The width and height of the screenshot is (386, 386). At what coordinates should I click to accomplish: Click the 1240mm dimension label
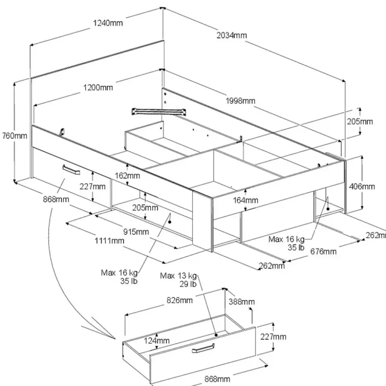(108, 23)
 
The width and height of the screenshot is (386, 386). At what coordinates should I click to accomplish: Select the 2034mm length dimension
(232, 35)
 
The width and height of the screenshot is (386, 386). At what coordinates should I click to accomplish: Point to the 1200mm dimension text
(98, 88)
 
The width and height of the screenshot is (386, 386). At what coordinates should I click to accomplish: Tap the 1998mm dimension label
(240, 101)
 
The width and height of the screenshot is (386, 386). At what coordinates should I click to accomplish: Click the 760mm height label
(15, 136)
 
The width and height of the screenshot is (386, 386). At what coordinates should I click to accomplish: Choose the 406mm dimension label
(362, 187)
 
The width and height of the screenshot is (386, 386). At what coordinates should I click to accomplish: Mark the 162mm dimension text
(127, 176)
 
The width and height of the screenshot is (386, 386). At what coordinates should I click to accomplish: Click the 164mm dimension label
(245, 200)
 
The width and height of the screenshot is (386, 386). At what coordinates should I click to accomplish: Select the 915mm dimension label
(136, 232)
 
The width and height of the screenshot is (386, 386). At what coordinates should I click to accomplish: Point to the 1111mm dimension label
(109, 240)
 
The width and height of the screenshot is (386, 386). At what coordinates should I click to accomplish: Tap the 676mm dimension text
(323, 252)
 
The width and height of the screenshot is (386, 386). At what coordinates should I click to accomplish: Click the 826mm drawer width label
(179, 300)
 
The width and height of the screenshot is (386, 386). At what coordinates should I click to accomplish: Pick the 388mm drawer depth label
(242, 302)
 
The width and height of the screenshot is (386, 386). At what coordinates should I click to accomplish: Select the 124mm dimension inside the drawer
(156, 340)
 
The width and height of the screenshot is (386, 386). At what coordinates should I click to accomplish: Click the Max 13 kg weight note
(178, 276)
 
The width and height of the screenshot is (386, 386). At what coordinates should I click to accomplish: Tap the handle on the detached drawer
(203, 348)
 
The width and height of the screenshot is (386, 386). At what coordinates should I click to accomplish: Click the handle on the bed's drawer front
(71, 170)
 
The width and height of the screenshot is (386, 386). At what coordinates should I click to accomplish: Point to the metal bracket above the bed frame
(159, 111)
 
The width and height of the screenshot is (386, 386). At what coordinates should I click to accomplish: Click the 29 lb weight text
(188, 284)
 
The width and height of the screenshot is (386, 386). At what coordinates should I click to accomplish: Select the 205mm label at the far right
(360, 122)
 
